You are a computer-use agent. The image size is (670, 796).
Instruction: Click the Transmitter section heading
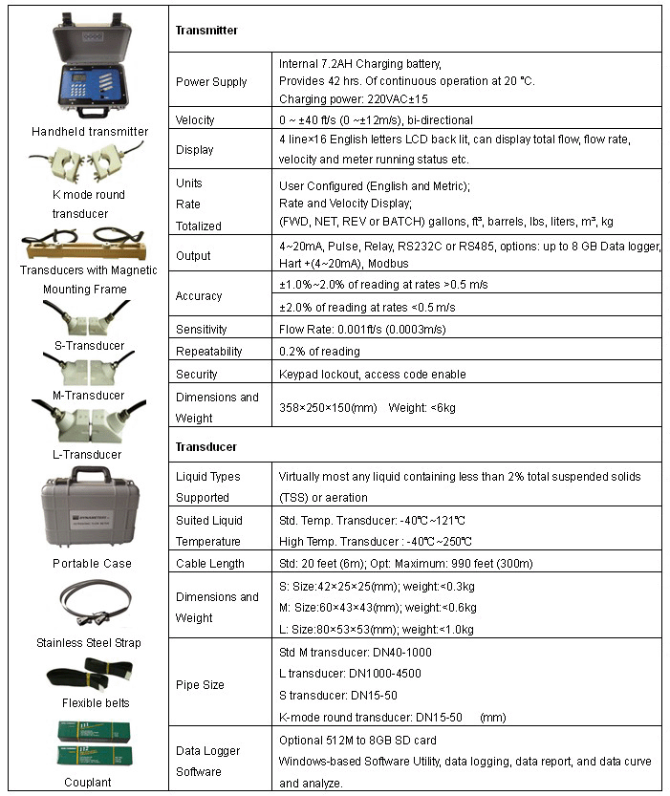(x=206, y=31)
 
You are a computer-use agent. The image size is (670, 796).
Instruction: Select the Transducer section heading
(x=206, y=446)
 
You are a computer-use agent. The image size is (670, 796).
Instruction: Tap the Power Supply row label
(x=211, y=82)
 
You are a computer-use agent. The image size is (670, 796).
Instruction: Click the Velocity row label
(x=195, y=119)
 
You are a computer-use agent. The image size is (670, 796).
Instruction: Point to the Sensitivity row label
(x=202, y=329)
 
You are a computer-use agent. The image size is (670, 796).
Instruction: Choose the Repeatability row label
(x=208, y=351)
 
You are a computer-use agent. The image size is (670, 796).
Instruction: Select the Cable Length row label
(x=210, y=564)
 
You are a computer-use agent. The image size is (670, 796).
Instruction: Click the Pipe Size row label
(x=200, y=685)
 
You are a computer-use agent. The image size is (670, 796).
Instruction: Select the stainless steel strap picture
(x=91, y=603)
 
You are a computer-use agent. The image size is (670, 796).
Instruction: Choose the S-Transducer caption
(x=89, y=346)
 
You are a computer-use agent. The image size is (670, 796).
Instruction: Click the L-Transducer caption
(x=89, y=455)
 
